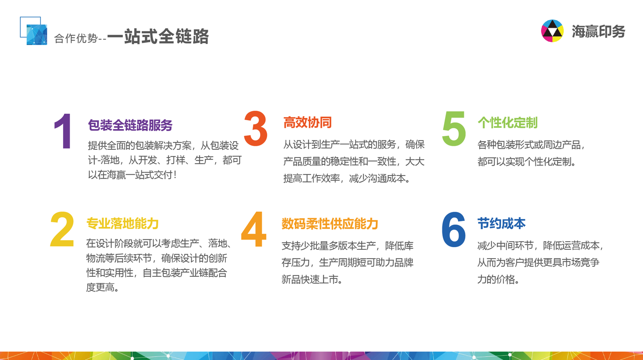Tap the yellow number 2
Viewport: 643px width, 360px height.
pos(62,229)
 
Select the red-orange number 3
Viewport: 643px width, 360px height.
pos(256,129)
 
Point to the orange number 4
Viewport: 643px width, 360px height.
pos(254,229)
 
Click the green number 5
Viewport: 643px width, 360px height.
pos(454,129)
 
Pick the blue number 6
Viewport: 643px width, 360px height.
pos(454,229)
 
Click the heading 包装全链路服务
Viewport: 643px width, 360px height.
pos(130,125)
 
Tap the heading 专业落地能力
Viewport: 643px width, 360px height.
pos(122,223)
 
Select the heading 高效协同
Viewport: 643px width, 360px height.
pos(307,122)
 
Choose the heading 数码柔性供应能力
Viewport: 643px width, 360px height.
pos(330,224)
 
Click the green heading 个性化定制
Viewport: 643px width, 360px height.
pos(508,122)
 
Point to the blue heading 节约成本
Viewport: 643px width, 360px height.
pos(501,223)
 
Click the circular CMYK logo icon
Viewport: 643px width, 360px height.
pos(552,31)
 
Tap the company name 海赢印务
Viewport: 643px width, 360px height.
pos(598,31)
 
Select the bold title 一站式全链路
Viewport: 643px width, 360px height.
pos(158,36)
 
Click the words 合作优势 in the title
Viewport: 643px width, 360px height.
pos(76,38)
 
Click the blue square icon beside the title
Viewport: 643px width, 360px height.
pos(34,31)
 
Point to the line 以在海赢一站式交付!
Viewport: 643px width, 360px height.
pos(132,175)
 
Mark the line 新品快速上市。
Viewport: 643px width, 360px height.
pos(312,279)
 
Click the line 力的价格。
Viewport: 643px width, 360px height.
pos(498,279)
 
